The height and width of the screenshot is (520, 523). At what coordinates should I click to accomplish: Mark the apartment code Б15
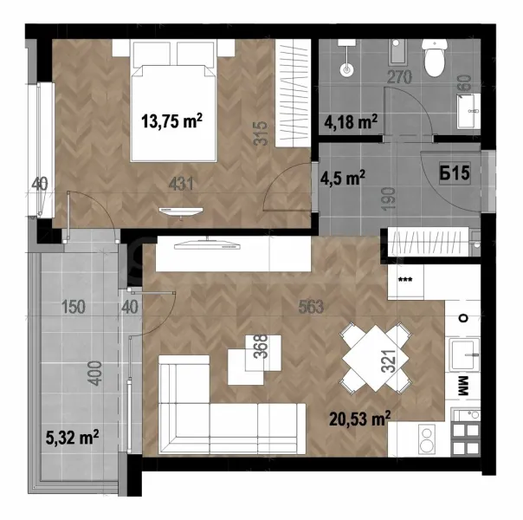pyautogui.click(x=454, y=173)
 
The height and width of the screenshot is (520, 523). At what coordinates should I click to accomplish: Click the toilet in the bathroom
pyautogui.click(x=432, y=58)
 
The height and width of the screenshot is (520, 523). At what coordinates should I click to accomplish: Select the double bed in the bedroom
pyautogui.click(x=172, y=104)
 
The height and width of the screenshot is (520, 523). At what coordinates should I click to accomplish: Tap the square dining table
pyautogui.click(x=374, y=355)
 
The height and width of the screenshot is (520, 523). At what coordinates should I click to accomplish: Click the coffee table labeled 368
pyautogui.click(x=253, y=361)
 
